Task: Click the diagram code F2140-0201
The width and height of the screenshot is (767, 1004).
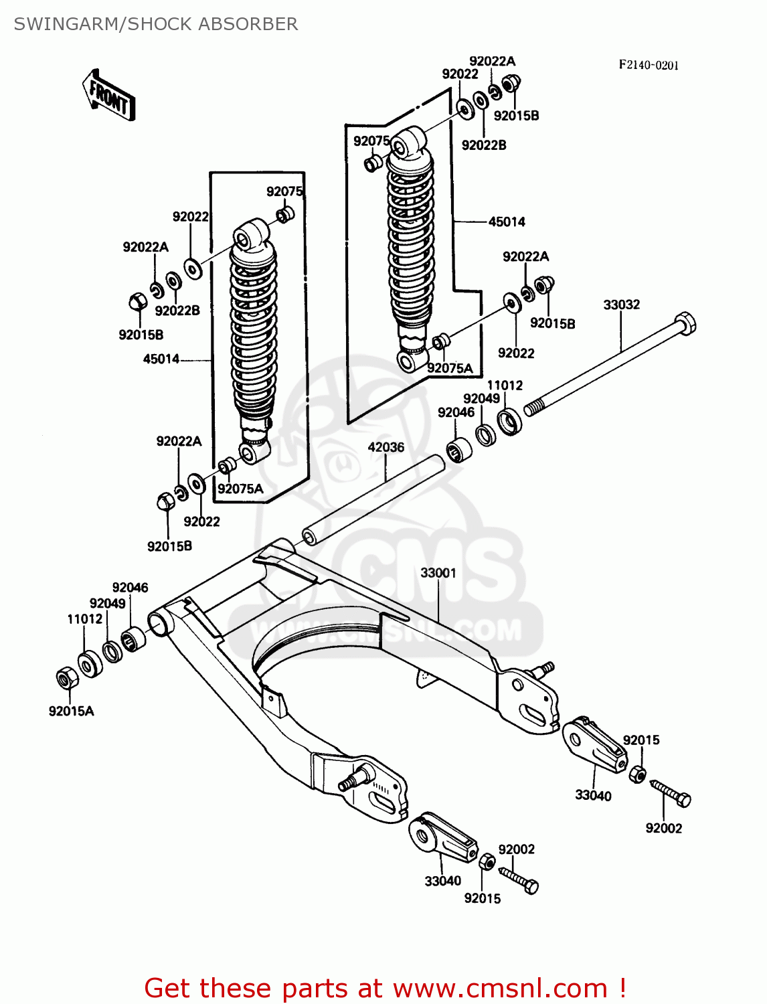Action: pyautogui.click(x=648, y=65)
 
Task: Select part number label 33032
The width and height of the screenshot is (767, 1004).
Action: pyautogui.click(x=621, y=305)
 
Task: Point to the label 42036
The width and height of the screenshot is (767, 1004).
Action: pyautogui.click(x=386, y=447)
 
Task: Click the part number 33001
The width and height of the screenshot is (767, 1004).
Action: pyautogui.click(x=438, y=573)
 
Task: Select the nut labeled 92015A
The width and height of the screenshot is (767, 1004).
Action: pyautogui.click(x=66, y=679)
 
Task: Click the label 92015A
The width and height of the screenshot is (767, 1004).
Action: pyautogui.click(x=71, y=711)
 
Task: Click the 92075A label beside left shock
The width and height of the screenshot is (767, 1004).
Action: pyautogui.click(x=240, y=489)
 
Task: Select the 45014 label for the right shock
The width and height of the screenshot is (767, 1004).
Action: pyautogui.click(x=507, y=222)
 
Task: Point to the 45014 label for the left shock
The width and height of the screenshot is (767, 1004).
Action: pyautogui.click(x=161, y=359)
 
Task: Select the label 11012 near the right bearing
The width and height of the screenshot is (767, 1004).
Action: pyautogui.click(x=505, y=385)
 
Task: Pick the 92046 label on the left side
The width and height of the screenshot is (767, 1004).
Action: pyautogui.click(x=130, y=587)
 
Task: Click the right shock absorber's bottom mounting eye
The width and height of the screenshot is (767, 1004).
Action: pyautogui.click(x=407, y=361)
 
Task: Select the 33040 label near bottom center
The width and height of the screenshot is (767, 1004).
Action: pyautogui.click(x=442, y=881)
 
